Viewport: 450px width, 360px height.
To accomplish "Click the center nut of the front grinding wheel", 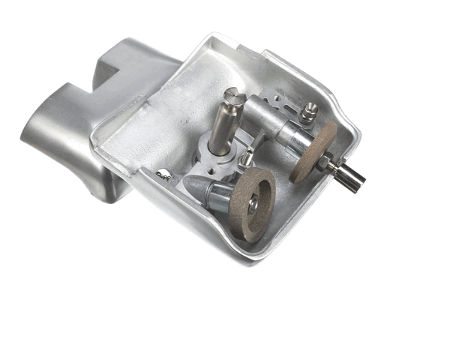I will coord(254,202).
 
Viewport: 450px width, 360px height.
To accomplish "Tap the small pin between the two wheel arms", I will coord(247,158).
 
